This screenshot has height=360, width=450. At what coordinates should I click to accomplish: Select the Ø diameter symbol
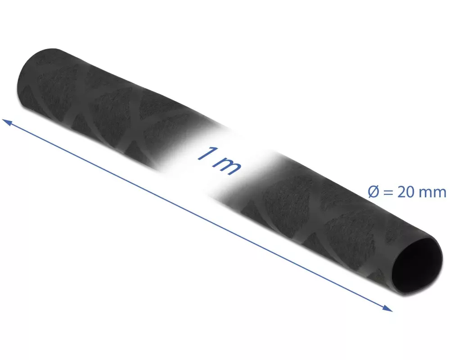[x=373, y=192]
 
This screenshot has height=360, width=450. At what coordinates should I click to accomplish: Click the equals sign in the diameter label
[x=387, y=192]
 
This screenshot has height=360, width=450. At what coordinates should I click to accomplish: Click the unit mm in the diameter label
[x=432, y=193]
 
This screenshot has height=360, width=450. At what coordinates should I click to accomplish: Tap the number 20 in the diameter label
[x=405, y=192]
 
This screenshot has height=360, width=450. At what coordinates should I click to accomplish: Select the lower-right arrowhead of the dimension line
[x=388, y=308]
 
